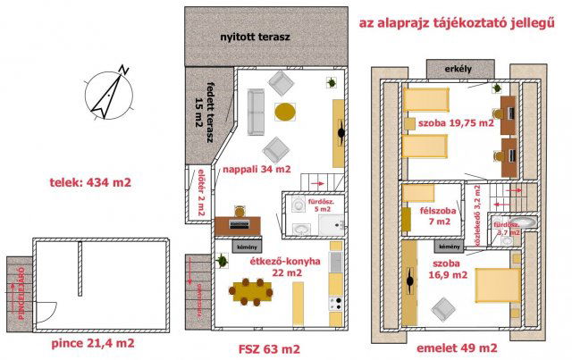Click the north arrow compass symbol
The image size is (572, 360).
click(107, 93)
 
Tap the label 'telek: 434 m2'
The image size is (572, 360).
click(91, 184)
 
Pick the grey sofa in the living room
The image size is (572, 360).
click(257, 113)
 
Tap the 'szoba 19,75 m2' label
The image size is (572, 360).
click(450, 124)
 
